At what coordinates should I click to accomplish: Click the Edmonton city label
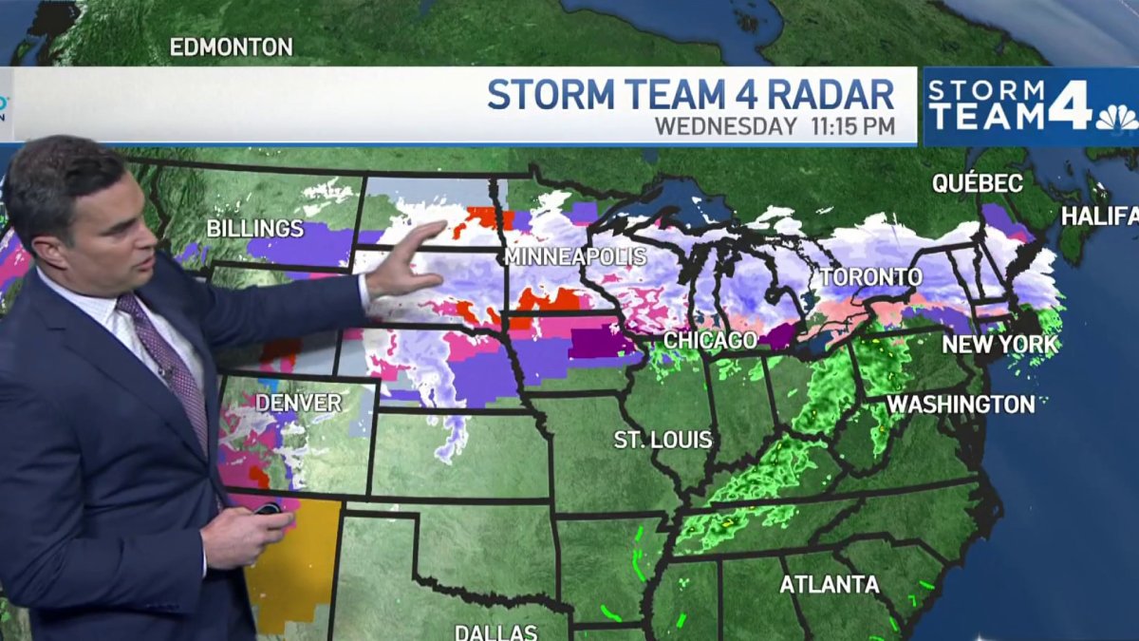click(231, 47)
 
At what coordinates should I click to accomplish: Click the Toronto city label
click(870, 277)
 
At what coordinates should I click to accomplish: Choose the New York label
click(999, 345)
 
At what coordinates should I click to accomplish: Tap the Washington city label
click(960, 405)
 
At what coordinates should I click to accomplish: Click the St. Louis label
click(663, 440)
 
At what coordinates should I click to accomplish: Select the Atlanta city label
click(830, 584)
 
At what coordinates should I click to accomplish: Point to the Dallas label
click(496, 632)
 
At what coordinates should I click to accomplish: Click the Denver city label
click(298, 403)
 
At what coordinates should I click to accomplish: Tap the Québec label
click(978, 183)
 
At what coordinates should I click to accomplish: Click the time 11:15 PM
click(852, 126)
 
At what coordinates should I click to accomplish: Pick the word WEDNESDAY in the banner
click(726, 126)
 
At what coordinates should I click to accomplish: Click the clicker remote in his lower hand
click(268, 510)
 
